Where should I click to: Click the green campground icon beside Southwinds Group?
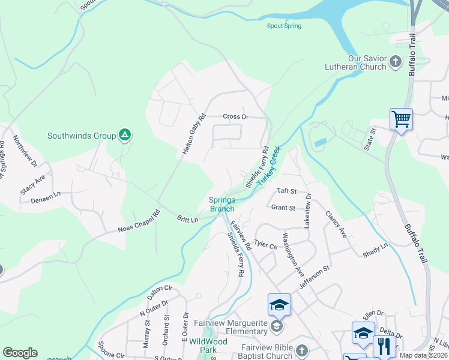tap(124, 136)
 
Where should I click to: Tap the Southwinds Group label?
tap(82, 136)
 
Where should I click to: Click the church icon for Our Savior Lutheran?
tap(396, 61)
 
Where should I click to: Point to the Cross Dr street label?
tap(235, 116)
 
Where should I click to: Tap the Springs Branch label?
tap(222, 205)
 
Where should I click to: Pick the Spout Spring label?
tap(284, 26)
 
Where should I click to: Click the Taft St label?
tap(286, 191)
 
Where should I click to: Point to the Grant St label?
tap(283, 208)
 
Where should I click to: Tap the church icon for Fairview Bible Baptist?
tap(301, 349)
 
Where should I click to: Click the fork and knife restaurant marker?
tap(384, 346)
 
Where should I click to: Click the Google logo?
tap(20, 353)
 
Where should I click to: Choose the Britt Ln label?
tap(187, 220)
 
